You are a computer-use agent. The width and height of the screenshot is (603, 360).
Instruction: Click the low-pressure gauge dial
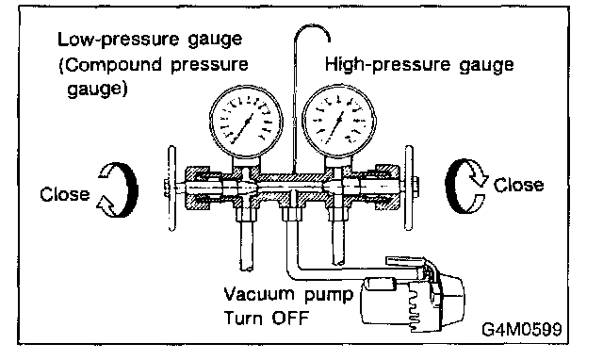point(246,122)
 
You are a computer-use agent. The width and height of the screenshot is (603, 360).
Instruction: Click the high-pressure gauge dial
point(339,122)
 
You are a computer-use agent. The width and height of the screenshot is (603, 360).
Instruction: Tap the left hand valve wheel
point(171,188)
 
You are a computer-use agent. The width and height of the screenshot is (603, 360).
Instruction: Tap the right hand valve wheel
point(410,188)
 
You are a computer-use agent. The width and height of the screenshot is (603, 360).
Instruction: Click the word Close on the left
point(65,194)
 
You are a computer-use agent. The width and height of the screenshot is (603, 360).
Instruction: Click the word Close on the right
point(518,185)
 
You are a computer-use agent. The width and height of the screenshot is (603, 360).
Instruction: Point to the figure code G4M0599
point(521,329)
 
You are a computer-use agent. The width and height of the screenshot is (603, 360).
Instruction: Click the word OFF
point(290,319)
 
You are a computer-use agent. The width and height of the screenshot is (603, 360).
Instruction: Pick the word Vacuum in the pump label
point(258,294)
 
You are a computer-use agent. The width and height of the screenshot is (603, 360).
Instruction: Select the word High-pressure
point(387,65)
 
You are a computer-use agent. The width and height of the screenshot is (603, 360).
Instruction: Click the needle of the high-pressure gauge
point(334,127)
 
